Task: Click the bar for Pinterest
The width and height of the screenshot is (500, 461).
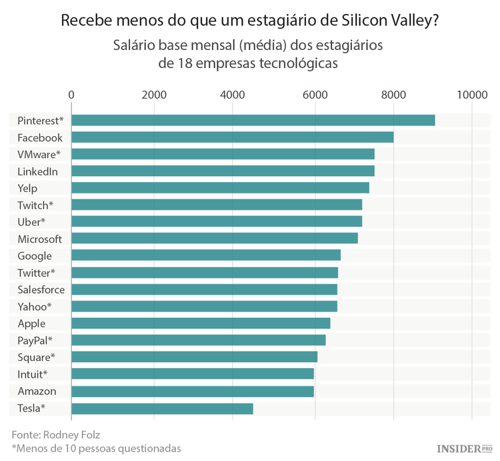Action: click(x=253, y=120)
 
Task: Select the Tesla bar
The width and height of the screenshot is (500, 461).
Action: click(x=162, y=408)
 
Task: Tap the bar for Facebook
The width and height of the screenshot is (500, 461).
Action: click(x=232, y=137)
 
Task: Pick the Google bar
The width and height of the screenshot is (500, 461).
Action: click(x=205, y=256)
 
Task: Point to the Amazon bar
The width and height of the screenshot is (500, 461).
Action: click(x=192, y=391)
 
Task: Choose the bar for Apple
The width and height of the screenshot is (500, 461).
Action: click(x=201, y=324)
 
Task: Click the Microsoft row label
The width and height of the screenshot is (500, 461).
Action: click(x=39, y=239)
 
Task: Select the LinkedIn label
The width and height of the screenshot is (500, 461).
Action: click(x=37, y=171)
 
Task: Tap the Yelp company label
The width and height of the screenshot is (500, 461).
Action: click(x=27, y=188)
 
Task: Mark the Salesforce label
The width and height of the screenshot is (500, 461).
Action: click(x=41, y=290)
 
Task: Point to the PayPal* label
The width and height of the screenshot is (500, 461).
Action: click(x=35, y=340)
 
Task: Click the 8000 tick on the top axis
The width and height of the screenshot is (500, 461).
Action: click(x=393, y=95)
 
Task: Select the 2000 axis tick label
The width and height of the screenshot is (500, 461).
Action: click(x=154, y=95)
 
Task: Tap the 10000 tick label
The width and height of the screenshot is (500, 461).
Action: click(x=472, y=95)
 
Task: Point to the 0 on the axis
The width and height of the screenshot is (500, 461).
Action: click(x=71, y=95)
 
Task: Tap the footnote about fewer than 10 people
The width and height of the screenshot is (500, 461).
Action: click(x=96, y=448)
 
